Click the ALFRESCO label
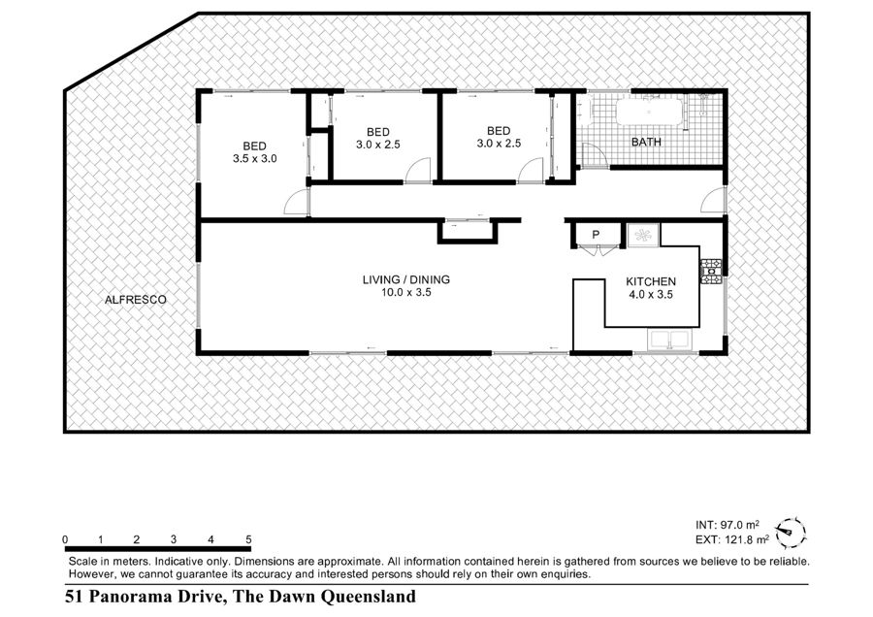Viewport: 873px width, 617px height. [135, 300]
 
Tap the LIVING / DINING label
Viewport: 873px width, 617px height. [405, 279]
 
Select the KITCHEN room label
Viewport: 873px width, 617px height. [651, 281]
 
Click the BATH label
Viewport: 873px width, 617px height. [646, 142]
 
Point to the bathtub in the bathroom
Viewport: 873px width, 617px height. [649, 112]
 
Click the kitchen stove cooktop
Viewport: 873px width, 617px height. [711, 272]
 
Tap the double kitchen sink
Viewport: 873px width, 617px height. [668, 340]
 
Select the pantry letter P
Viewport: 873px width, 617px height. [596, 235]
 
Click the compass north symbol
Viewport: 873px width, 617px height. [791, 532]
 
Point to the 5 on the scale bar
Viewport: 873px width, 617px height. [248, 539]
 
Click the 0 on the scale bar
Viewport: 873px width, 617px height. [66, 539]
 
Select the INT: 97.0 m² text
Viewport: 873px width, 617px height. [727, 525]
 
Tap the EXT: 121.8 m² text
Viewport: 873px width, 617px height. [732, 539]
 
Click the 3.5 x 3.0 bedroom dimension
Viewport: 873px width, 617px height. [254, 159]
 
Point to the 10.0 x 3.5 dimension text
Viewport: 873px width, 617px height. [405, 292]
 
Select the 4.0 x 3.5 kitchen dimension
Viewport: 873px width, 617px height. [651, 295]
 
